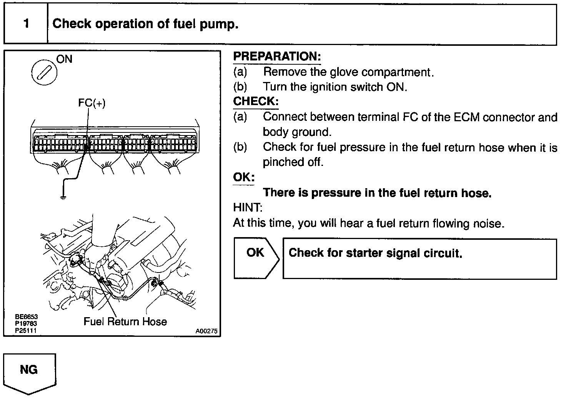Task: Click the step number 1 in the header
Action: (x=26, y=24)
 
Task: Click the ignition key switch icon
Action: (x=43, y=72)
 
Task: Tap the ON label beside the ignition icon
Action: (x=64, y=59)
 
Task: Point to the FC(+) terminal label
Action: (x=92, y=103)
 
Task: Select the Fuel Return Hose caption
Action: (x=125, y=321)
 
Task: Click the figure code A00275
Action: (x=206, y=331)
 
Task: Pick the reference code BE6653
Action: (x=26, y=317)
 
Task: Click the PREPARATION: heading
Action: (x=277, y=57)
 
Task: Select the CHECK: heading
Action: (x=256, y=102)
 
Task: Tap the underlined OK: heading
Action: (x=244, y=177)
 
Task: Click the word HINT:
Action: (x=248, y=208)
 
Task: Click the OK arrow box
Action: (x=256, y=258)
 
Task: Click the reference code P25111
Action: (x=26, y=330)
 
